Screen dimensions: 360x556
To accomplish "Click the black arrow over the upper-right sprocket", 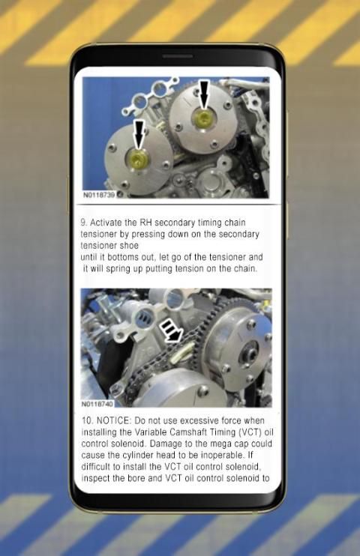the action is point(204,94).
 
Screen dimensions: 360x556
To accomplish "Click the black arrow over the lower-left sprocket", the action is point(139,133).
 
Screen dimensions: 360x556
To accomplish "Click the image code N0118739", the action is point(99,195).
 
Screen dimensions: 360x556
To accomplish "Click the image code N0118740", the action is point(97,404).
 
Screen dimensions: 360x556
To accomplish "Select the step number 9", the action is point(83,223).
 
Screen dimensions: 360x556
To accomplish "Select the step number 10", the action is point(87,421).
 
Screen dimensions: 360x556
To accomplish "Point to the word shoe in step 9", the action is point(129,246).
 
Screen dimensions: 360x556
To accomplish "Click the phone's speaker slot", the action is point(178,56).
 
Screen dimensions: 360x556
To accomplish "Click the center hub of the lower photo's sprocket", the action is point(248,355).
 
